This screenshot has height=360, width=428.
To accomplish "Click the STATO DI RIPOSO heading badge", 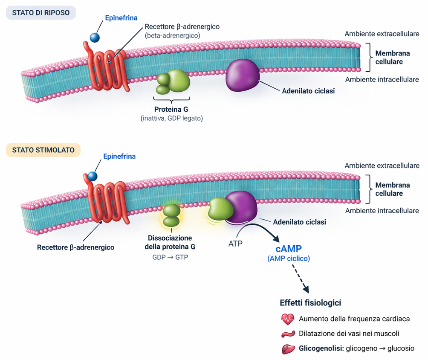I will (41, 13).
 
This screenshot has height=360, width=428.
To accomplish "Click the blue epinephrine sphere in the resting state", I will (95, 37).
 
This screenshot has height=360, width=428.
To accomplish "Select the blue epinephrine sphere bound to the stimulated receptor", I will (93, 175).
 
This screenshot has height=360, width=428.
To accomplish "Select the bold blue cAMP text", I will (289, 249).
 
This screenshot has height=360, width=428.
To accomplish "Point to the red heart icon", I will (288, 319).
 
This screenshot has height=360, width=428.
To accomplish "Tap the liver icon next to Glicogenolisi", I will (289, 348).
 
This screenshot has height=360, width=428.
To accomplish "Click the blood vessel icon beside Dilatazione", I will (288, 334).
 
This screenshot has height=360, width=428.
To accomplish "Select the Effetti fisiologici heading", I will (310, 303).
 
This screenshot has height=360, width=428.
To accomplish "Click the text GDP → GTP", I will (170, 258).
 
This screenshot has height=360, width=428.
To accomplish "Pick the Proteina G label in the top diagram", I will (171, 109).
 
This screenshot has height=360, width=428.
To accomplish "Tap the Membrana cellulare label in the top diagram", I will (392, 58).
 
